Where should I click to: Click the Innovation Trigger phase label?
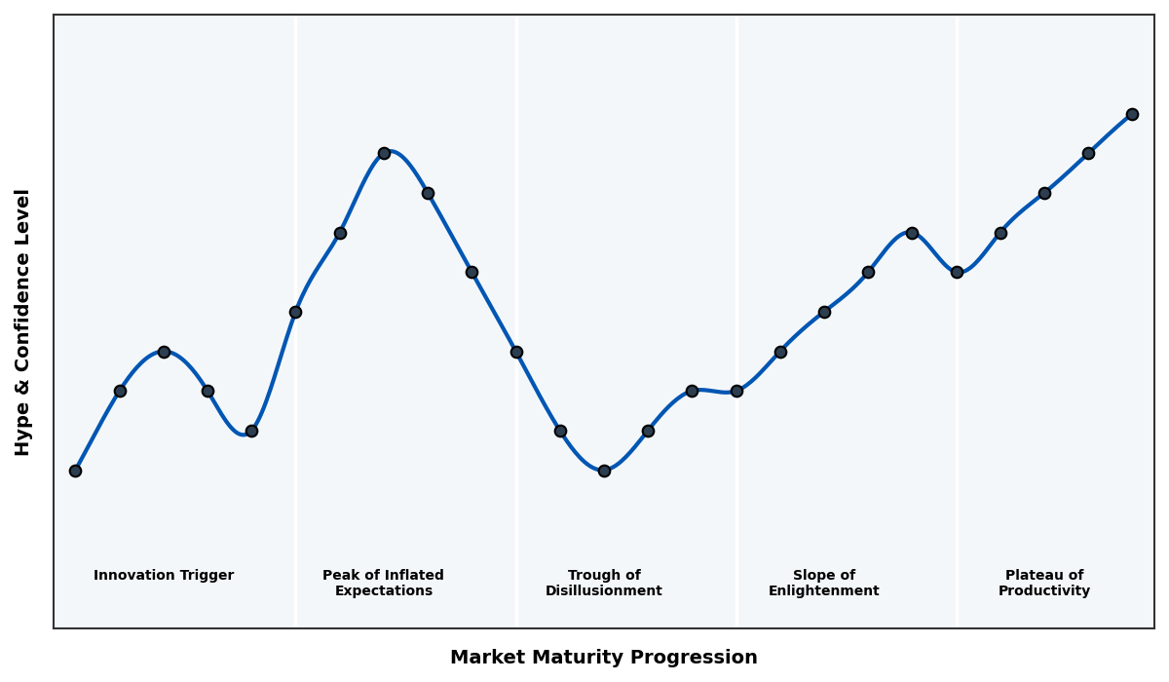[164, 576]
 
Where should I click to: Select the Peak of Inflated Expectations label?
[383, 584]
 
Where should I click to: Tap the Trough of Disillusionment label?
[604, 584]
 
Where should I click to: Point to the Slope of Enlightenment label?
[823, 584]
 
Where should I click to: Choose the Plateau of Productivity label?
[1044, 584]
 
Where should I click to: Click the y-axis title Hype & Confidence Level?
[23, 322]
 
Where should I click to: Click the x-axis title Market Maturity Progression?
[603, 658]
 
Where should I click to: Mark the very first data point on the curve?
[75, 471]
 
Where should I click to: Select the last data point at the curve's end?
[1132, 114]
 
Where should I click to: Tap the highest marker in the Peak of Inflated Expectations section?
[384, 153]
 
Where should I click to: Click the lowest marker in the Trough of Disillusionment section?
[604, 471]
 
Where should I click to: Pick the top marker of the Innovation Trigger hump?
[164, 352]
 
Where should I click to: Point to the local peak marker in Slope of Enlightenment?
[912, 233]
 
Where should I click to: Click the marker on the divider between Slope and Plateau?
[957, 272]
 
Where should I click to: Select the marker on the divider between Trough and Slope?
[736, 391]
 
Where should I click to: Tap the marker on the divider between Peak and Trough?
[516, 352]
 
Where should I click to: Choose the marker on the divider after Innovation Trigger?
[295, 312]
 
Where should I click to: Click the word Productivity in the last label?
[1044, 591]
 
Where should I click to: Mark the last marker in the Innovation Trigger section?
[251, 431]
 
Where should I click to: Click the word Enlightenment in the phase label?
[823, 591]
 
